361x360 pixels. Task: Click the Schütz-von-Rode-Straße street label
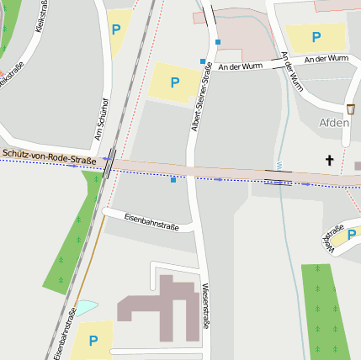[x=49, y=157]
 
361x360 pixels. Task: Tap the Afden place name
[x=334, y=122]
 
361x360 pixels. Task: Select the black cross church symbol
[x=329, y=160]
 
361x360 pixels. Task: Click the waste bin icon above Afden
[x=350, y=109]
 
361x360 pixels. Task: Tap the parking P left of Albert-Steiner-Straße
[x=175, y=82]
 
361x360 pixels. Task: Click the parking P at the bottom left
[x=93, y=341]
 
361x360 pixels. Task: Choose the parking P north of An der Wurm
[x=316, y=37]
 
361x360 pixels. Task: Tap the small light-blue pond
[x=87, y=308]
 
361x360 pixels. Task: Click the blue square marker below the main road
[x=173, y=180]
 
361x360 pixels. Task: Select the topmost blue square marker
[x=217, y=41]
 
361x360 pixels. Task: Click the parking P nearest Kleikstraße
[x=116, y=29]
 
